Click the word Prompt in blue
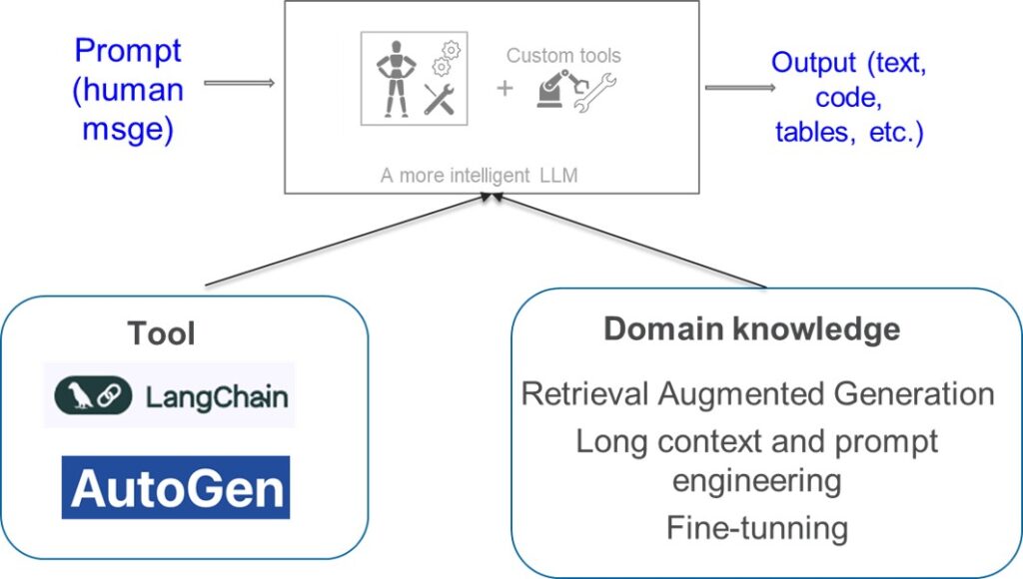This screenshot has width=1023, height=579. click(128, 52)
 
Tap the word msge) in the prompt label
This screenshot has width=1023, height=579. click(128, 129)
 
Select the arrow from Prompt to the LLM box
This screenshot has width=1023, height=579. click(239, 83)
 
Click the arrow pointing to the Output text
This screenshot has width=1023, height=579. click(740, 88)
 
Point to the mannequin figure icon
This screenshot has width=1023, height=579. click(396, 79)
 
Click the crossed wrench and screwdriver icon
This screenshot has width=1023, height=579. click(439, 100)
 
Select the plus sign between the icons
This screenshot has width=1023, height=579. click(505, 88)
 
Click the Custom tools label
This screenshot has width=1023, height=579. click(563, 56)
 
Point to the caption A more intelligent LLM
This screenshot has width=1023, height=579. click(479, 176)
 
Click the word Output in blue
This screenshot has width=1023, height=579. click(813, 63)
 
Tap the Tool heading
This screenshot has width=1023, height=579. click(161, 333)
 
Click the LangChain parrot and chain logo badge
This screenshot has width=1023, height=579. click(93, 395)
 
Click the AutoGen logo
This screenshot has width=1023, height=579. click(176, 488)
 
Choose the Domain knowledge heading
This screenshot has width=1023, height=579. click(751, 328)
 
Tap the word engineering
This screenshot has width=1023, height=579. click(757, 482)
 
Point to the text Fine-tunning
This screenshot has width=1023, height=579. click(757, 527)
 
